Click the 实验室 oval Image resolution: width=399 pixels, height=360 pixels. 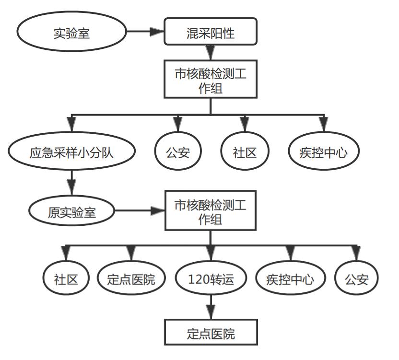point(71,33)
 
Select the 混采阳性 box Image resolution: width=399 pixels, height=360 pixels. point(210,32)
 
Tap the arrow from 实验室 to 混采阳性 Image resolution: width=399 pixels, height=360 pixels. point(145,32)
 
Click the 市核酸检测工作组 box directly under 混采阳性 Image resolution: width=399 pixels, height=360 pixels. point(210,79)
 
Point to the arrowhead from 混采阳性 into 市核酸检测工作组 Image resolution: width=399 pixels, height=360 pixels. point(210,52)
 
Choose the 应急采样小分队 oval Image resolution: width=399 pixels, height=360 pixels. point(71,152)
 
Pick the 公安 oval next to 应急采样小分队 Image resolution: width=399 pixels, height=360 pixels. point(178,152)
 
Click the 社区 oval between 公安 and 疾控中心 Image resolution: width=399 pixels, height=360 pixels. point(245,152)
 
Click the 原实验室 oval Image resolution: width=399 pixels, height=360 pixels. point(71,211)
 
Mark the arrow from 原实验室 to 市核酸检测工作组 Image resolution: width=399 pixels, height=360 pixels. point(139,211)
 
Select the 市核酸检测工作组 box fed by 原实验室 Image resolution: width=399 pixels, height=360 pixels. point(210,210)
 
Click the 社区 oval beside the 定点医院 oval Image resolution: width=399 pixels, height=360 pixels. point(66,279)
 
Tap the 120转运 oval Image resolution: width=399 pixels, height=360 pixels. point(211,279)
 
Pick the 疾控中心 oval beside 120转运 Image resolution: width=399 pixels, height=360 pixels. point(290,279)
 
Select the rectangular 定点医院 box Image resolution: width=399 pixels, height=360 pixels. point(211,333)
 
